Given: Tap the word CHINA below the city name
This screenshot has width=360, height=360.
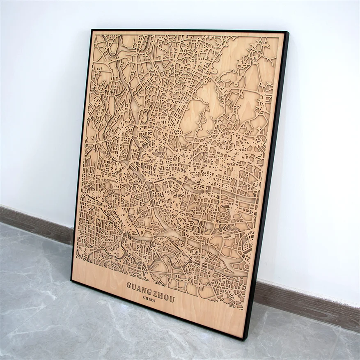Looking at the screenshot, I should point(150,298).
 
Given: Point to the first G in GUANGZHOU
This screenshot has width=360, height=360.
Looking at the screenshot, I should point(129,284).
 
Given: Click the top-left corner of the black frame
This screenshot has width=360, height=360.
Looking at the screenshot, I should point(92,30).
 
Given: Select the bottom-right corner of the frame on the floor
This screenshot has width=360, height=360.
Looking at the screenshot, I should point(245,339).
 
